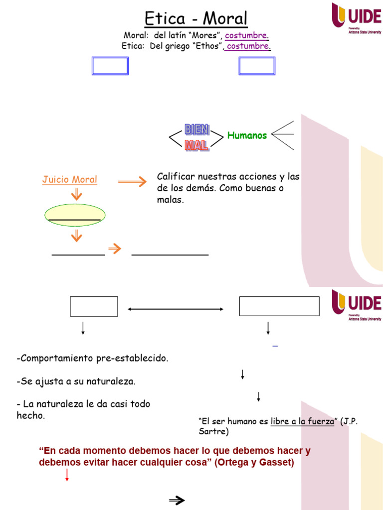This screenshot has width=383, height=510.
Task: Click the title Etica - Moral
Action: click(x=196, y=19)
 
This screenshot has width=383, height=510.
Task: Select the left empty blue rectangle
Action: click(x=110, y=66)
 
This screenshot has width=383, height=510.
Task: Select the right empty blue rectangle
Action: click(x=257, y=66)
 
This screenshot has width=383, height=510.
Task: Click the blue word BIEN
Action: click(x=197, y=130)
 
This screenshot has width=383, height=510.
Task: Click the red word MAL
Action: click(x=196, y=145)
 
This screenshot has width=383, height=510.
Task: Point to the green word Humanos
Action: click(x=247, y=135)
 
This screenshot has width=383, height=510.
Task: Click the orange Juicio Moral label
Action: click(x=70, y=180)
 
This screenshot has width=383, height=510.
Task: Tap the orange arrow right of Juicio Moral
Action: click(x=132, y=182)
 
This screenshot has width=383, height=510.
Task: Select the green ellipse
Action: click(x=76, y=215)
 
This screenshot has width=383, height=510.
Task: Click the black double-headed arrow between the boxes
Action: click(x=176, y=309)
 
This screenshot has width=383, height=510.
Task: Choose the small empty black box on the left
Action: click(x=94, y=306)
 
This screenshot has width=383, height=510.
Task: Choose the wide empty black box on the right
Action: click(x=279, y=306)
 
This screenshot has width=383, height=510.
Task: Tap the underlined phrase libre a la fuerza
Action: click(x=302, y=421)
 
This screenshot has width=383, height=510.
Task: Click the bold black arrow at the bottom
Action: click(x=177, y=501)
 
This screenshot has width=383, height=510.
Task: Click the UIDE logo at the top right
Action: click(x=357, y=17)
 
